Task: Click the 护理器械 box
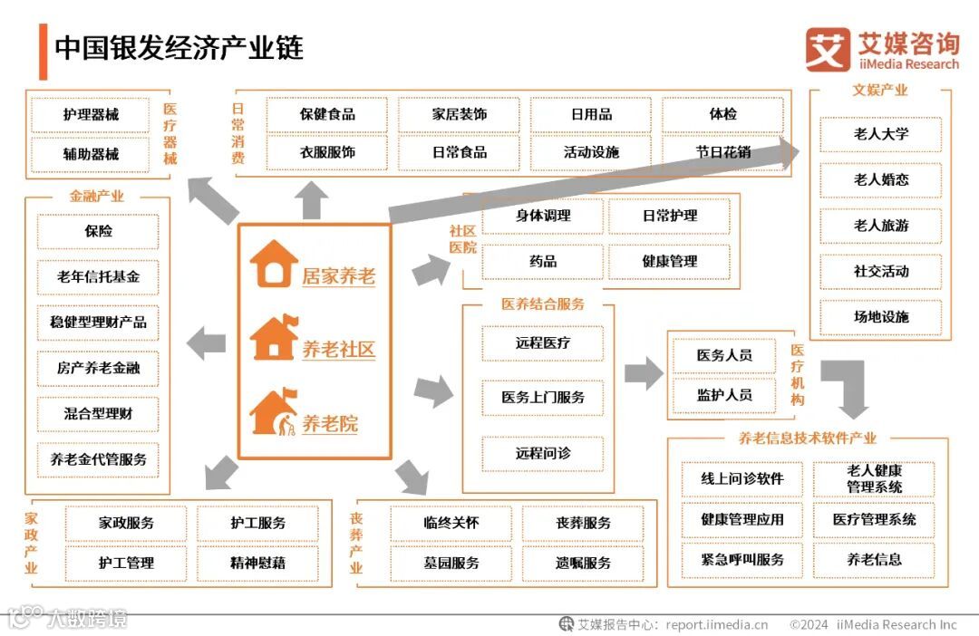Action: pos(91,115)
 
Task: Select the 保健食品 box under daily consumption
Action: pos(327,115)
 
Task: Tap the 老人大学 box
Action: pos(880,134)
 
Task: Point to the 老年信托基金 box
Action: pos(98,276)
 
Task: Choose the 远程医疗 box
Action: pos(543,343)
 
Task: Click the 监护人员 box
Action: pos(723,395)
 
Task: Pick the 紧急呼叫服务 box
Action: pos(742,559)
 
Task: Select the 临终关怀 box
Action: pos(451,523)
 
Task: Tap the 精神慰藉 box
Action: pos(257,563)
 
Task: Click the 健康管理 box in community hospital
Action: pos(669,261)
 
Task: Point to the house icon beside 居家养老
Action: pos(274,264)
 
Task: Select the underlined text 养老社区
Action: pos(338,350)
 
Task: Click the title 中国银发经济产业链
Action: pos(179,48)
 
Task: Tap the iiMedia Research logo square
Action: pos(828,50)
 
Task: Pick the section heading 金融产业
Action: pos(97,196)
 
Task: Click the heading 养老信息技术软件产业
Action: pos(808,438)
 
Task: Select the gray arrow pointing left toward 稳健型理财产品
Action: pos(207,342)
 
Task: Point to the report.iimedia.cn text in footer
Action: pos(716,624)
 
